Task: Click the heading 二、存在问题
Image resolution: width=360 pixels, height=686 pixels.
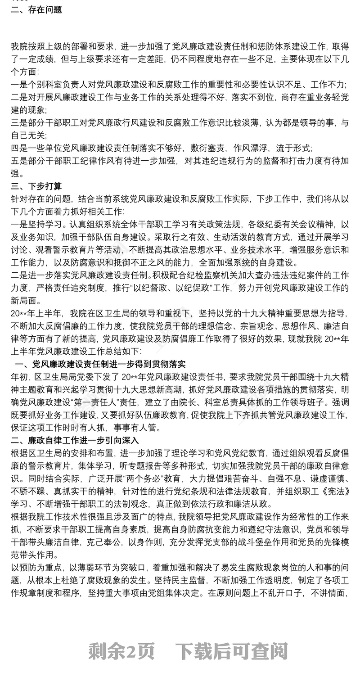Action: pyautogui.click(x=36, y=9)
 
